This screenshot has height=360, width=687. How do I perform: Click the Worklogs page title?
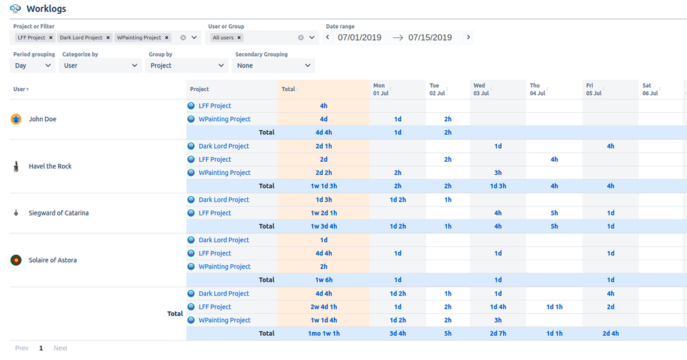(46, 9)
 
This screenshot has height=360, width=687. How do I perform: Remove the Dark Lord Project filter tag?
(108, 38)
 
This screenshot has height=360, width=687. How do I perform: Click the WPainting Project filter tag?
(140, 38)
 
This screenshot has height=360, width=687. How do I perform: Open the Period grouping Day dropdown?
(33, 65)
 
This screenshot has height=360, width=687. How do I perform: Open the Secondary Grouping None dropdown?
(274, 65)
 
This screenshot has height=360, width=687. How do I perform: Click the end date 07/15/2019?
(430, 37)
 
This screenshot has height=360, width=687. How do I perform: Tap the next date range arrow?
(469, 37)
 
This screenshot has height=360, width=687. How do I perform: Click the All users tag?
(223, 38)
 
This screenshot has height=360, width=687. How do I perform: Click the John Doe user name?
(43, 119)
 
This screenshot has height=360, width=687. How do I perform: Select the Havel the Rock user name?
(50, 166)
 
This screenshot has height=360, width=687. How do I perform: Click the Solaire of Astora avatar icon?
(16, 260)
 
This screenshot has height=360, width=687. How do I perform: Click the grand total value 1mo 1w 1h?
(324, 333)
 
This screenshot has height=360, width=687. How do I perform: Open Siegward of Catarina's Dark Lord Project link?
(224, 200)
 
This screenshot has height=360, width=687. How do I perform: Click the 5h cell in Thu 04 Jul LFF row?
(554, 213)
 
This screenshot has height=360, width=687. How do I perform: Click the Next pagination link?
(61, 348)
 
